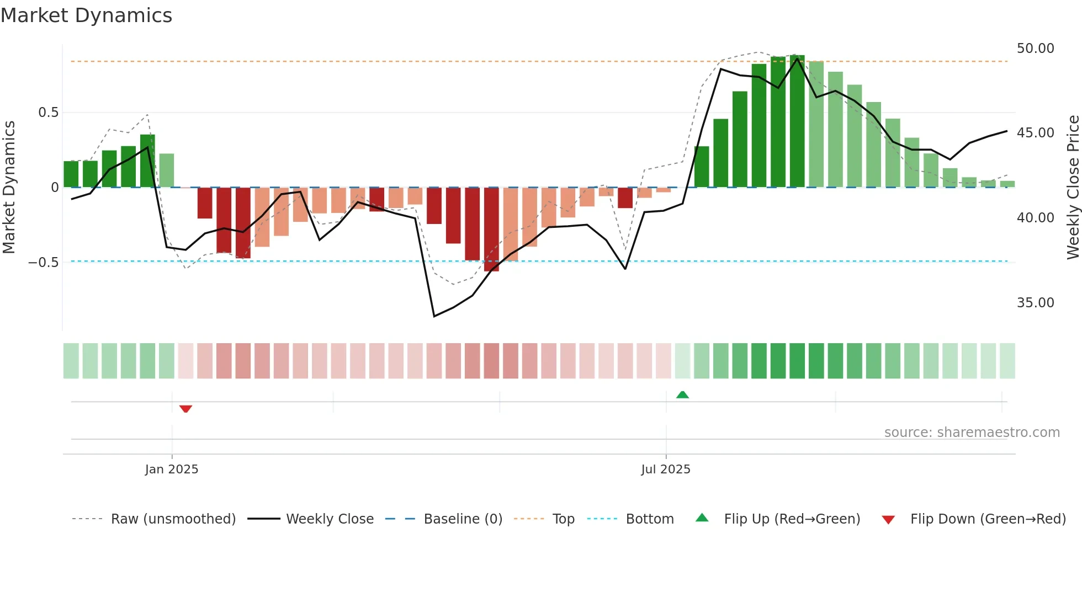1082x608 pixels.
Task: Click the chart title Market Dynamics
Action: coord(87,15)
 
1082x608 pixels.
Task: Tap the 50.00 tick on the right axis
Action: coord(1035,49)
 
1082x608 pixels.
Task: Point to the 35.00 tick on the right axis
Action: coord(1035,303)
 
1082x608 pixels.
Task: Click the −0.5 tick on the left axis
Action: coord(43,263)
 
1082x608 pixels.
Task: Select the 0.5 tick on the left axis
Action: coord(48,113)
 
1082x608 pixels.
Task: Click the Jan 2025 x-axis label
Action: coord(172,470)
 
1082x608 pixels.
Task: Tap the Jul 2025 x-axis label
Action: coord(666,470)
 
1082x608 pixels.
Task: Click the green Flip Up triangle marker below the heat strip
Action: coord(682,394)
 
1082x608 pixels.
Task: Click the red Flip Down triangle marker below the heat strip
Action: coord(185,409)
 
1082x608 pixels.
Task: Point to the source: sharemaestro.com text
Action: coord(972,433)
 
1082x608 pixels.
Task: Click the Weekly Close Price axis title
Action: coord(1073,188)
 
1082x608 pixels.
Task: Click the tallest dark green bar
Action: coord(797,121)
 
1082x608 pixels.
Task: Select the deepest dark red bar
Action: coord(491,229)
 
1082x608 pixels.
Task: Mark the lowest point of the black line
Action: coord(434,316)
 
